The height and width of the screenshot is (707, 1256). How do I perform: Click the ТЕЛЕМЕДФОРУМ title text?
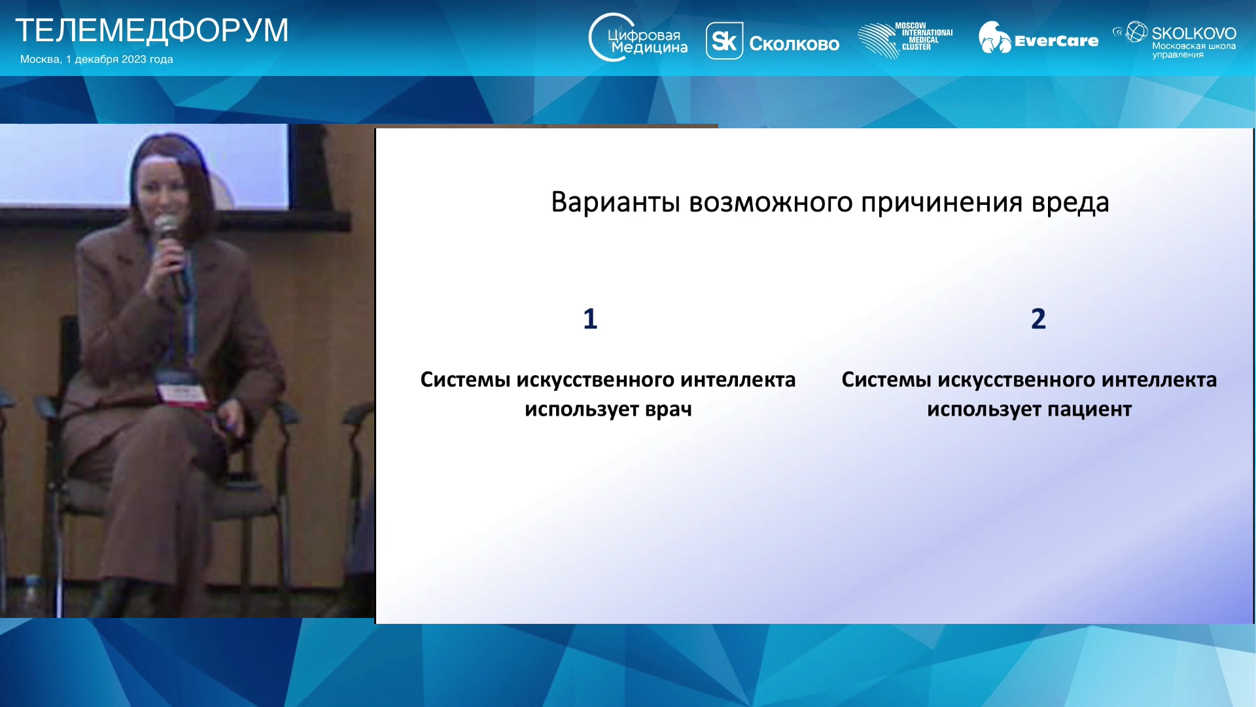pos(152,30)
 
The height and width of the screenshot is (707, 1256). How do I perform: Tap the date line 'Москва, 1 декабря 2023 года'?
pos(97,60)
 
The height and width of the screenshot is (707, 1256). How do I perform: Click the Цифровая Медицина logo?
pos(638,38)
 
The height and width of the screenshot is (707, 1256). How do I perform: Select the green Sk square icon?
pos(724,41)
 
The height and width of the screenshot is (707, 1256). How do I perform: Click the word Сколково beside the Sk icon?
pos(794,44)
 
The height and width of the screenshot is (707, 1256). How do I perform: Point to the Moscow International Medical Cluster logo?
pos(905,40)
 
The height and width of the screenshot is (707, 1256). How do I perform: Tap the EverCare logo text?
pos(1056,41)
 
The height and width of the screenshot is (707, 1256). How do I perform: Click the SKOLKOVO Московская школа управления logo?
pos(1175,40)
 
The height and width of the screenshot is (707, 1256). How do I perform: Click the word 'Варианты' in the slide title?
pos(616,202)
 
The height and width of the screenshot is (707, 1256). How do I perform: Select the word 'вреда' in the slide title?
pos(1070,203)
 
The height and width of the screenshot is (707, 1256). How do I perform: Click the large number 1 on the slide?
pos(590,319)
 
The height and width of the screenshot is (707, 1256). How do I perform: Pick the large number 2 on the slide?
pos(1038,319)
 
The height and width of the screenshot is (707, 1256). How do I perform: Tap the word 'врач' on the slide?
pos(669,410)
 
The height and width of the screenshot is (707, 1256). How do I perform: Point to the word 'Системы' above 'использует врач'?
pos(465,380)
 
